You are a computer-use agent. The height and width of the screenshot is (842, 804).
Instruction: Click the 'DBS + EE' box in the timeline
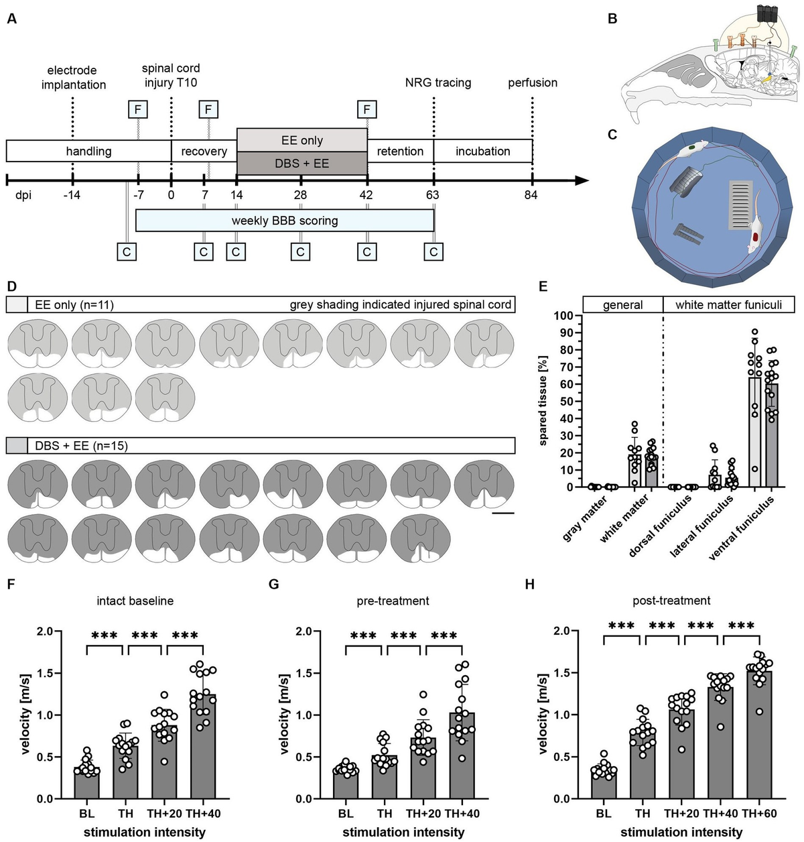tap(301, 163)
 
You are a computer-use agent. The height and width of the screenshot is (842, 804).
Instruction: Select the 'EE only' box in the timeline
tap(301, 140)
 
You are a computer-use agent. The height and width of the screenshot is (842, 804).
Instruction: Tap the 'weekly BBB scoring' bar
tap(285, 221)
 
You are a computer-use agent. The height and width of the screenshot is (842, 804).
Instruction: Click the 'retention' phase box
tap(400, 152)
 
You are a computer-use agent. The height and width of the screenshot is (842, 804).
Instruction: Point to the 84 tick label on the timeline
tap(533, 196)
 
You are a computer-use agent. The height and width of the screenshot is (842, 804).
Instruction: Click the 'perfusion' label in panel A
tap(533, 83)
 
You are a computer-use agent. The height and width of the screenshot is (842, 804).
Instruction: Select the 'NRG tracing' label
tap(438, 83)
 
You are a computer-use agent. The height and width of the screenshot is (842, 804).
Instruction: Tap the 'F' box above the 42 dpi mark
tap(366, 109)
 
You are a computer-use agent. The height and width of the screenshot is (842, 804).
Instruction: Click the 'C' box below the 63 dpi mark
tap(433, 251)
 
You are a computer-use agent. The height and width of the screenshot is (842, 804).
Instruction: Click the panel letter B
tap(612, 19)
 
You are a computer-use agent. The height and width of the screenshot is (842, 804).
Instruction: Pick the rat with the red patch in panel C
tap(755, 225)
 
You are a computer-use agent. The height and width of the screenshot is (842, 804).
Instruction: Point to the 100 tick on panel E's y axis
tap(563, 316)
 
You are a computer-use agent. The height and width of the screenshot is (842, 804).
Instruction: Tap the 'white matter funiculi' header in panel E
tap(728, 305)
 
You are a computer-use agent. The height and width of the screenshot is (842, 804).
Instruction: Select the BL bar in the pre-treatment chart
tap(346, 784)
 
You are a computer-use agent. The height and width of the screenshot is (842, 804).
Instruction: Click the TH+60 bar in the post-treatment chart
tap(759, 735)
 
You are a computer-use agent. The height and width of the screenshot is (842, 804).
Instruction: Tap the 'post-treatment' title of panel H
tap(671, 601)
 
